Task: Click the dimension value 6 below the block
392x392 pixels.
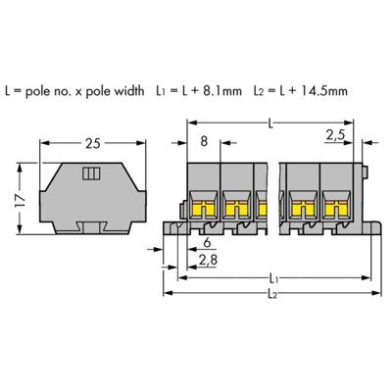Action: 206,244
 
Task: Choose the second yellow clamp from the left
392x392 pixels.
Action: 237,208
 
